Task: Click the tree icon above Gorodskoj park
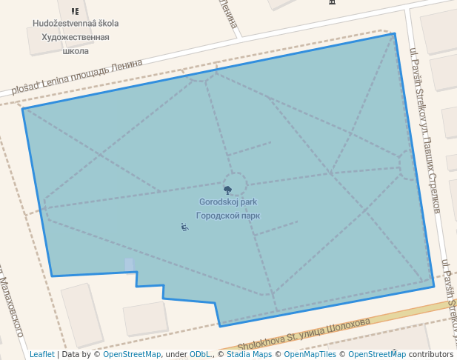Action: [227, 190]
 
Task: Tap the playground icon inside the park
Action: [184, 227]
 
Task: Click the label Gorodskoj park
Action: [228, 202]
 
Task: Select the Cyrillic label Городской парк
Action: [228, 216]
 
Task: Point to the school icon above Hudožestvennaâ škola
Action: [75, 11]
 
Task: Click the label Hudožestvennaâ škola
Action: [76, 24]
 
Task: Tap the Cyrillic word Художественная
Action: [76, 37]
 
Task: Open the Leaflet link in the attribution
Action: [41, 355]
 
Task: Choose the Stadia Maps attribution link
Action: [249, 355]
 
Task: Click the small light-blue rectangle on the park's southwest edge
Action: [130, 264]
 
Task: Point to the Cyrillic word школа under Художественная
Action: [76, 51]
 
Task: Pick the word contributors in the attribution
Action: [430, 355]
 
